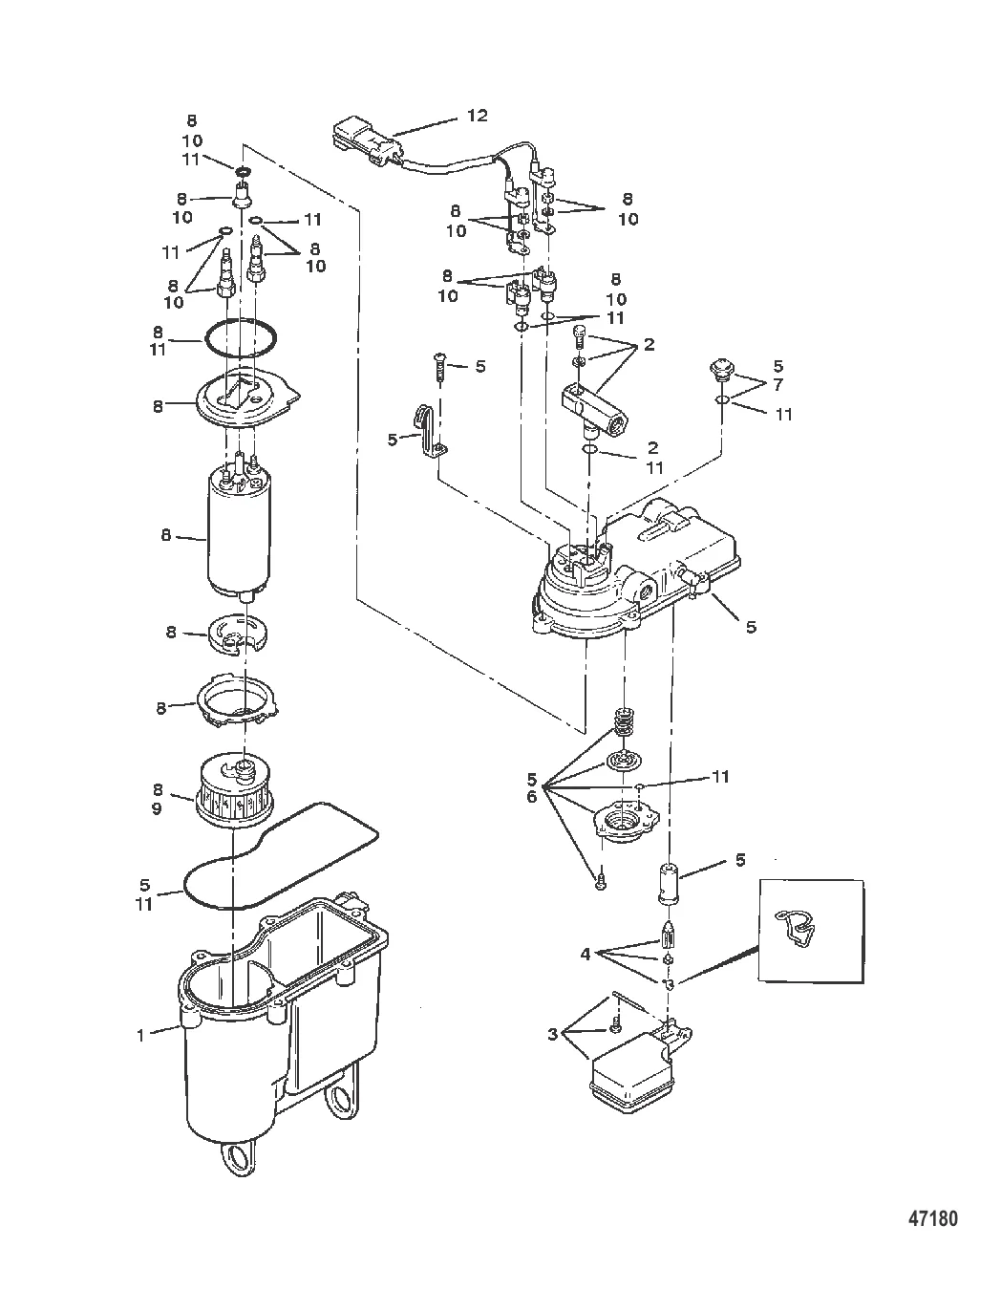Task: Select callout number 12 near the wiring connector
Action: (477, 116)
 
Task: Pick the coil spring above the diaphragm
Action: (621, 722)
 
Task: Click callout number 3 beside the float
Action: (553, 1034)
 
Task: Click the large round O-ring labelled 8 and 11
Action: (241, 337)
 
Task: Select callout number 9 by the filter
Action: (157, 808)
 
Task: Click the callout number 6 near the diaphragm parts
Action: (531, 797)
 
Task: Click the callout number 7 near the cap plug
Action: (778, 384)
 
